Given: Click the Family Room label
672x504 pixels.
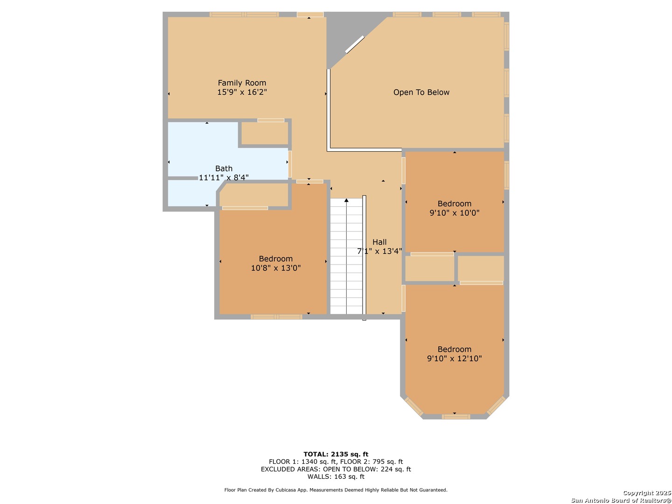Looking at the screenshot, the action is pyautogui.click(x=242, y=83).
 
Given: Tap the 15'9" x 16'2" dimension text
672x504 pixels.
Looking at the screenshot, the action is pyautogui.click(x=242, y=92).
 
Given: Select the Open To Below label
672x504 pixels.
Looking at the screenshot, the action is pyautogui.click(x=421, y=92).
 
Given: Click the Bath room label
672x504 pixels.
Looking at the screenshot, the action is pyautogui.click(x=224, y=168).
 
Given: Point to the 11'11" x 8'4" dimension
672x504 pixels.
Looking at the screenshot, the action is pyautogui.click(x=224, y=177).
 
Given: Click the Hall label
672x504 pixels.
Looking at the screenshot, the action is pyautogui.click(x=379, y=242).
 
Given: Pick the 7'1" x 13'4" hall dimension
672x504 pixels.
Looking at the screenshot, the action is pyautogui.click(x=379, y=251).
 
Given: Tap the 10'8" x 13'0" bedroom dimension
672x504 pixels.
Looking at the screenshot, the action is pyautogui.click(x=275, y=268).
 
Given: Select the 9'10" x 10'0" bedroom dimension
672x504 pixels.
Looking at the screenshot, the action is pyautogui.click(x=455, y=213).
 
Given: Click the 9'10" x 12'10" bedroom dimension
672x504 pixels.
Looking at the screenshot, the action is pyautogui.click(x=455, y=358).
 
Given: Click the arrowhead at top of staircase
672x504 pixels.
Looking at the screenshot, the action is pyautogui.click(x=346, y=200).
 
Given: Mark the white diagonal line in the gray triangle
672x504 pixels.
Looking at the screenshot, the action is pyautogui.click(x=355, y=44).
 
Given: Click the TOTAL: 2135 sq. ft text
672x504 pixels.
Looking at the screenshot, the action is pyautogui.click(x=336, y=454).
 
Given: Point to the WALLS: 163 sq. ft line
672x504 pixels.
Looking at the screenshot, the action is pyautogui.click(x=336, y=476).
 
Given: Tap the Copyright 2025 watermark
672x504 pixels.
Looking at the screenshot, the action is pyautogui.click(x=646, y=493).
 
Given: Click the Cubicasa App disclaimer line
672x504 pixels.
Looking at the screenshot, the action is pyautogui.click(x=336, y=490).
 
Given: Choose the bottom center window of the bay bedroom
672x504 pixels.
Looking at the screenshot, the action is pyautogui.click(x=455, y=416).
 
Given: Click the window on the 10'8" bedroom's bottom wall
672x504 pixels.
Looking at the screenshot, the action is pyautogui.click(x=276, y=317).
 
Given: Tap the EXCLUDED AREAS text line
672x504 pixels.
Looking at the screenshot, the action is pyautogui.click(x=336, y=469).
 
